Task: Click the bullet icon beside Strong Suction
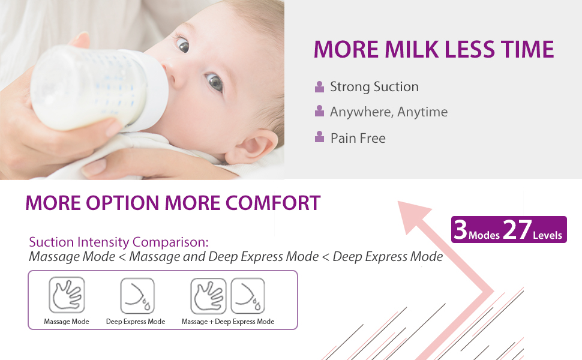[x=319, y=86]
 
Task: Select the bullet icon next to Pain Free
[x=319, y=137]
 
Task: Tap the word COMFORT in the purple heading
[x=273, y=203]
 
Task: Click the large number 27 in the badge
[x=517, y=229]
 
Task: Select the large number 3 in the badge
[x=460, y=229]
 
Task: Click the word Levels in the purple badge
[x=547, y=235]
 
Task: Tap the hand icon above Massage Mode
[x=67, y=295]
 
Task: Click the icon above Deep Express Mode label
[x=137, y=296]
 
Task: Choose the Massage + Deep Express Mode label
[x=228, y=322]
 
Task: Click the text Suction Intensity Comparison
[x=119, y=242]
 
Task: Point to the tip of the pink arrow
[x=398, y=202]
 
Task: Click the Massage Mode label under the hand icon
[x=67, y=322]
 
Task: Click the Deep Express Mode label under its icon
[x=136, y=322]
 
